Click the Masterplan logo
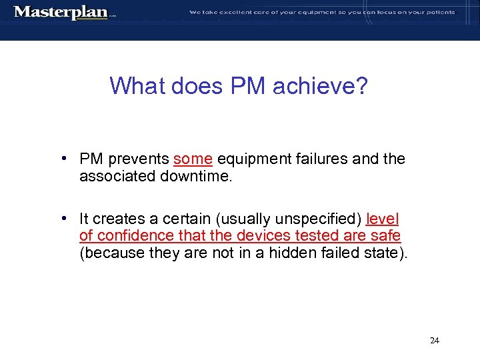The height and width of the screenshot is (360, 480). click(x=61, y=12)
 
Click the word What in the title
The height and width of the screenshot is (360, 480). click(x=139, y=86)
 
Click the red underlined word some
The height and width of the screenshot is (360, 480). click(x=193, y=159)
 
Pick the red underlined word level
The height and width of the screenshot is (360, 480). click(x=383, y=219)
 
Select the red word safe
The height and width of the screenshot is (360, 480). click(x=387, y=235)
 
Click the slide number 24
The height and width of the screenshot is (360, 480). click(x=435, y=341)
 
